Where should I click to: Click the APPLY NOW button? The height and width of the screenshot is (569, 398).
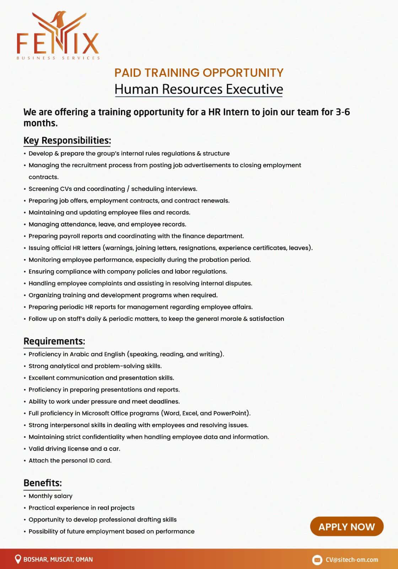346,526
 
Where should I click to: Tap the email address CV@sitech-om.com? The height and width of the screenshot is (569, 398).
352,560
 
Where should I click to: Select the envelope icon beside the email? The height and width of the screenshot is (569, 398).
317,560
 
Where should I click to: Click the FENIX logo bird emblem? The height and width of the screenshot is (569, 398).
59,27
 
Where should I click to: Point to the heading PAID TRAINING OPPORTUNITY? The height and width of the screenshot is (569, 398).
199,73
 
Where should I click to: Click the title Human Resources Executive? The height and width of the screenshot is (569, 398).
199,89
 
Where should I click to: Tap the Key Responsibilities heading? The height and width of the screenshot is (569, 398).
67,140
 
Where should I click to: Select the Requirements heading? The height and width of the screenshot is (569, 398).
54,341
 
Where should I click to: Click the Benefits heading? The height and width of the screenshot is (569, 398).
43,483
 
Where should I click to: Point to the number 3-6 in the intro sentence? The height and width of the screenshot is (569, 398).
343,112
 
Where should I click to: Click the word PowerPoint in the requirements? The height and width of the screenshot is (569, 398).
230,413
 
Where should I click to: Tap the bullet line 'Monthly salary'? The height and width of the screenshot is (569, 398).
50,496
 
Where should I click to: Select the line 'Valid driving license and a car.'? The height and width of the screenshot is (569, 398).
74,449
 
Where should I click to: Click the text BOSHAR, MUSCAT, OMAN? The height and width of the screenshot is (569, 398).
58,559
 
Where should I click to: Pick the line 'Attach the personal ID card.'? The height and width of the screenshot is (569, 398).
70,461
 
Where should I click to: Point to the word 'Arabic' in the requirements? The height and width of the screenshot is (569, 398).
79,354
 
